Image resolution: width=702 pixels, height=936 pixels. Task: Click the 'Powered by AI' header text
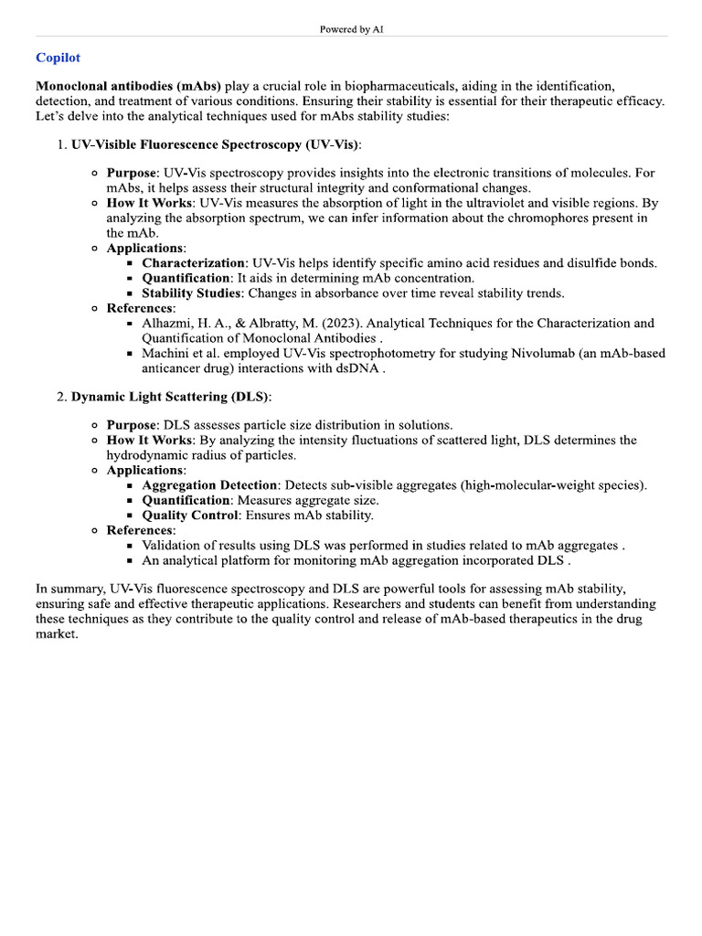pos(351,29)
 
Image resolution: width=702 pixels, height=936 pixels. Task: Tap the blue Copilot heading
pos(58,58)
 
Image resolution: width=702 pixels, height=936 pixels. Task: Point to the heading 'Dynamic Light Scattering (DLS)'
pos(171,397)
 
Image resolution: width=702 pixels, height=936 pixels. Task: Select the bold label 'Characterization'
pos(193,262)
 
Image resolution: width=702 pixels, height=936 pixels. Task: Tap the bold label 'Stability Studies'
pos(192,293)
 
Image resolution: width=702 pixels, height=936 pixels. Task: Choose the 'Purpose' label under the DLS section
pos(133,425)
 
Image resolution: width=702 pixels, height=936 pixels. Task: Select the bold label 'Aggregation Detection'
pos(209,485)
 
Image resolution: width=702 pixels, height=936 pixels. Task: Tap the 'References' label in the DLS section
pos(141,530)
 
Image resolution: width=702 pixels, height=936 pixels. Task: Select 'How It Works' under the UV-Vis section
pos(150,203)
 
